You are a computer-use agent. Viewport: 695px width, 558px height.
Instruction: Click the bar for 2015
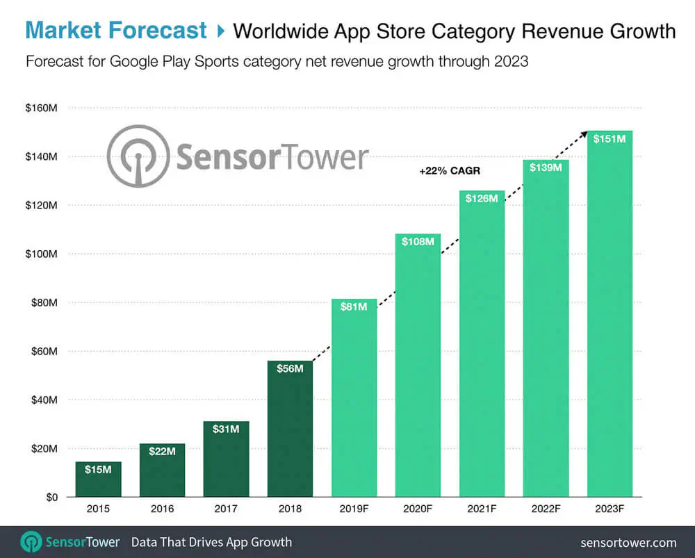98,479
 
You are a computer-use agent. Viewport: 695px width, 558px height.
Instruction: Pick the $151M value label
610,139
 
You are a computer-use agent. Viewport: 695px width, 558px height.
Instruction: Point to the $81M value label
354,306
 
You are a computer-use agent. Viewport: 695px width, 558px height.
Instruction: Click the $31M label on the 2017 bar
226,429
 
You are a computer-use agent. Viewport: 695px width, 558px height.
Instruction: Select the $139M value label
546,167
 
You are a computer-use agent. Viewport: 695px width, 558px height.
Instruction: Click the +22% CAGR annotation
450,171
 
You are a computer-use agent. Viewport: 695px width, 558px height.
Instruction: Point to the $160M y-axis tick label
42,108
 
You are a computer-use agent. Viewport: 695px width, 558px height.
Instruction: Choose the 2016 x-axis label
162,509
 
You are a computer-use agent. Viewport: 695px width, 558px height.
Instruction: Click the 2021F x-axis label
482,509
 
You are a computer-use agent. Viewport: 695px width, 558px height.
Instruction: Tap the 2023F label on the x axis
610,509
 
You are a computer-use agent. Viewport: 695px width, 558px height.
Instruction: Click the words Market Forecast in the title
116,30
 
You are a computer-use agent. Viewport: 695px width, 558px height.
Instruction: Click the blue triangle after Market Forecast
220,31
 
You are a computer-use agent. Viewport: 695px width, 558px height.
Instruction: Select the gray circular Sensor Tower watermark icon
138,156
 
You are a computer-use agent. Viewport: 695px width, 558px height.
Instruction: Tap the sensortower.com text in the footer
628,542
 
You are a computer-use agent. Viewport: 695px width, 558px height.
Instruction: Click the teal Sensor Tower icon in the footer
31,542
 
